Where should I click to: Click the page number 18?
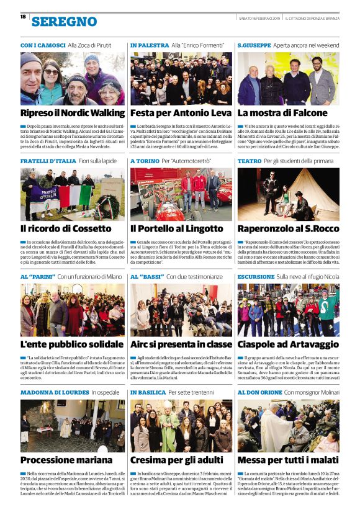click(x=23, y=17)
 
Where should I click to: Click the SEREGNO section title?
click(x=64, y=22)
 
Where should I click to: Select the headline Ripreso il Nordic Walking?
click(x=73, y=113)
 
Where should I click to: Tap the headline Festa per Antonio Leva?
click(x=176, y=113)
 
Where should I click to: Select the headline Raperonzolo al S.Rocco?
click(x=287, y=228)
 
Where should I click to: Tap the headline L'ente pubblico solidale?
click(x=72, y=344)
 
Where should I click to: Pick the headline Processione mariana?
click(x=65, y=460)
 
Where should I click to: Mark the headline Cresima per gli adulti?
click(x=177, y=460)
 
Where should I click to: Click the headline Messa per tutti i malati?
click(x=287, y=460)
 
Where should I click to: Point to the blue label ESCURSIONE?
click(x=256, y=276)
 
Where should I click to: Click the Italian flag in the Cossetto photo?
click(x=74, y=195)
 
